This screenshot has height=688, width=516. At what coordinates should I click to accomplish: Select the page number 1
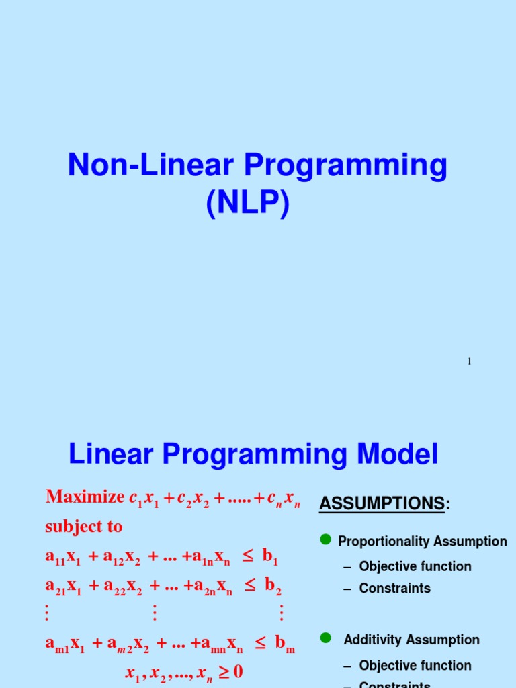tap(470, 361)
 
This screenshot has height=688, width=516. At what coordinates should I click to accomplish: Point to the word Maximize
tap(85, 497)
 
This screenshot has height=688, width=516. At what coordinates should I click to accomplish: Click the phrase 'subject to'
tap(83, 527)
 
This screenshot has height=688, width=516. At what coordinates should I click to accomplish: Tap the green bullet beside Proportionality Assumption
tap(326, 540)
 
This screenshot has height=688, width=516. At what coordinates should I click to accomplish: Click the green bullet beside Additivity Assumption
tap(326, 638)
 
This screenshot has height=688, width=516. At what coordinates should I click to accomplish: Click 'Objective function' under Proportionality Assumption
tap(415, 566)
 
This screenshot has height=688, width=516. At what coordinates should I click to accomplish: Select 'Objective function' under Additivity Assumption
tap(415, 665)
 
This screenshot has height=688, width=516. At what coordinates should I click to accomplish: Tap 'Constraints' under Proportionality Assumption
tap(395, 588)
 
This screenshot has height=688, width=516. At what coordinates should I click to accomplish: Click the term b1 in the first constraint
tap(270, 556)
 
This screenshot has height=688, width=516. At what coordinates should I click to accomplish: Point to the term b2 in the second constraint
tap(272, 586)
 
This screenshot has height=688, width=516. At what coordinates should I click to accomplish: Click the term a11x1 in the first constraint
tap(61, 556)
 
